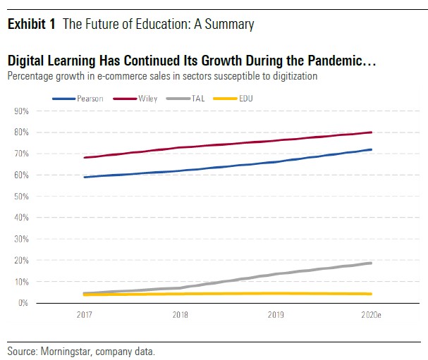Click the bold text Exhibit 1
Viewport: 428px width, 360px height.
click(x=32, y=25)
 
